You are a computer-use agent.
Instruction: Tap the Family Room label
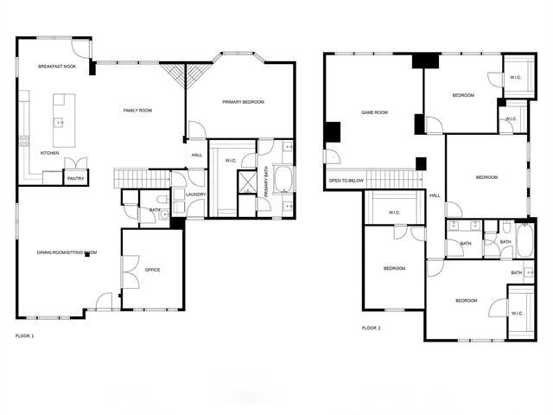click(x=137, y=110)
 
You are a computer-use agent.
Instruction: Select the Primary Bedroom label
click(x=243, y=102)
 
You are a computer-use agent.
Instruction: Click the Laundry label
click(x=195, y=194)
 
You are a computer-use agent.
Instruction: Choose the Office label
click(x=152, y=270)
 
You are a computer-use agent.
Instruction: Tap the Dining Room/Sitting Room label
click(x=67, y=252)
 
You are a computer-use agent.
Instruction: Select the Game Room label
click(x=373, y=112)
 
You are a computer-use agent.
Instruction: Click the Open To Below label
click(x=345, y=181)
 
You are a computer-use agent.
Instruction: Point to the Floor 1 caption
click(x=25, y=335)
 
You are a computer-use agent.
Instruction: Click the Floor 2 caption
click(x=371, y=328)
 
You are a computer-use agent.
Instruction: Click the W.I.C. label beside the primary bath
click(x=231, y=161)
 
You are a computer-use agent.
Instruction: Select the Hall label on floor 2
click(x=435, y=195)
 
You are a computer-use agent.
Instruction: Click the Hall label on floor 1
click(x=197, y=155)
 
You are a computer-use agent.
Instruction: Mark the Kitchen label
click(x=50, y=153)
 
